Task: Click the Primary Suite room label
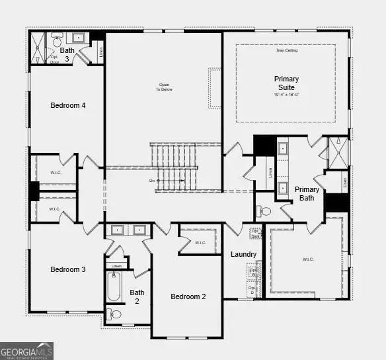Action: coord(286,83)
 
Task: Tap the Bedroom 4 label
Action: coord(68,105)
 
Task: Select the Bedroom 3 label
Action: coord(68,269)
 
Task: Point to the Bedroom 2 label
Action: coord(188,296)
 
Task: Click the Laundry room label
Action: coord(243,255)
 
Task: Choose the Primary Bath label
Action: coord(307,194)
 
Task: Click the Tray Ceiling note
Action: coord(286,50)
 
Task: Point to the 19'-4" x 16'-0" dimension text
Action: coord(286,95)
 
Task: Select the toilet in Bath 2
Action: coord(115,314)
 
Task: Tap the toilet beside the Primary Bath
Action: coord(264,212)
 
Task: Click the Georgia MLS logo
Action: coord(27,350)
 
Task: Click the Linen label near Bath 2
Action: coord(117,265)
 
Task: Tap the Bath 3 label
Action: coord(67,54)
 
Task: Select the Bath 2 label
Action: coord(137,296)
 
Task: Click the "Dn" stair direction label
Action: coord(152,180)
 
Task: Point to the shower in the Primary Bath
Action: coord(338,152)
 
